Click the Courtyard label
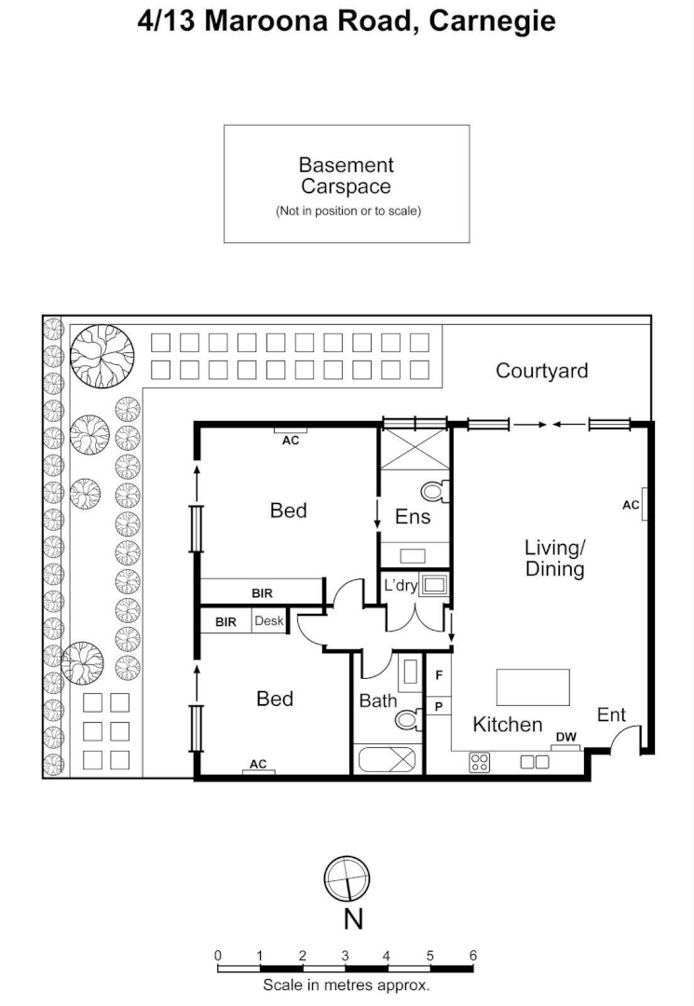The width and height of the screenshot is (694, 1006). click(541, 371)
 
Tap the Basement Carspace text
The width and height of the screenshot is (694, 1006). click(347, 175)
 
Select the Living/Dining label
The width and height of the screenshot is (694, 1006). click(554, 557)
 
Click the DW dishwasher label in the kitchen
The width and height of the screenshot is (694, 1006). click(565, 738)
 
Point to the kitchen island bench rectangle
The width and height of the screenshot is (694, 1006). click(533, 687)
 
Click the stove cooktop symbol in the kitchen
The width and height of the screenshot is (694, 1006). click(480, 762)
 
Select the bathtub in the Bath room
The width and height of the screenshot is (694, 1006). click(388, 759)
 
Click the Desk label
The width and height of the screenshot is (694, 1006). click(268, 621)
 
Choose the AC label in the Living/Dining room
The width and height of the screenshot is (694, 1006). click(632, 505)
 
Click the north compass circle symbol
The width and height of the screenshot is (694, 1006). click(347, 879)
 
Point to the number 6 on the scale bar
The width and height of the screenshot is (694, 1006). click(473, 955)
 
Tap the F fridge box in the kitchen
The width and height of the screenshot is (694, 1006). click(438, 673)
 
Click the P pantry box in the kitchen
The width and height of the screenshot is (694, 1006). click(438, 706)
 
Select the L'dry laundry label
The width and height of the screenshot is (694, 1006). click(401, 586)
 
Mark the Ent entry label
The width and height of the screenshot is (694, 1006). click(611, 714)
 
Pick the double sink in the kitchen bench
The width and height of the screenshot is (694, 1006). click(535, 761)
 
